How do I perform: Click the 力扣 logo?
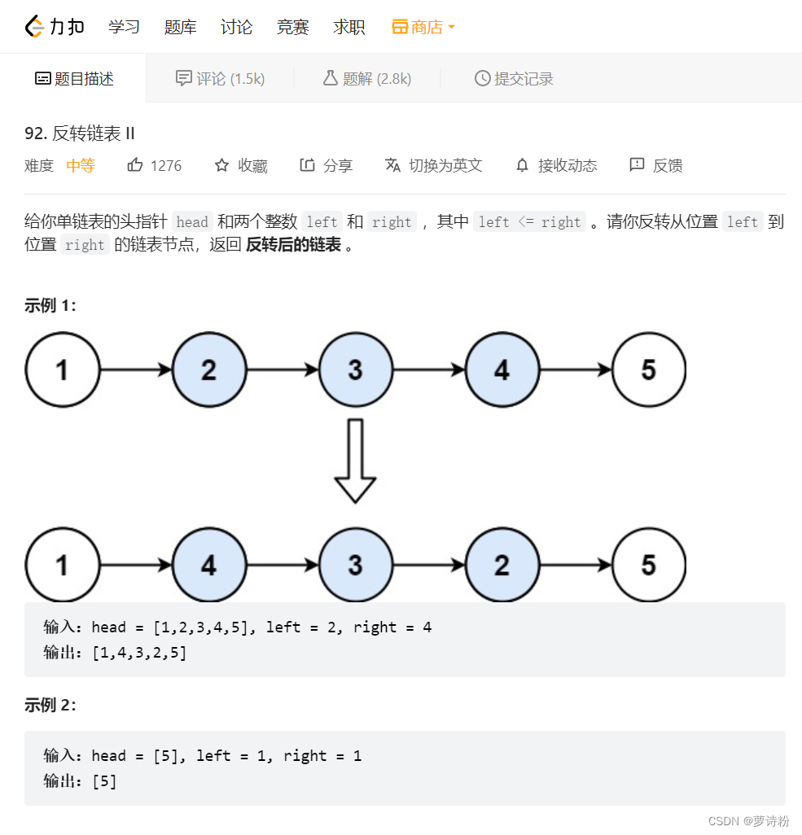(x=55, y=27)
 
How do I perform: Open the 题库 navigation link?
(x=180, y=27)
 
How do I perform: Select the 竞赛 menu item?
(x=292, y=27)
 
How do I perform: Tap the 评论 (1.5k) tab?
(x=221, y=78)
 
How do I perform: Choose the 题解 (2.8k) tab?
(x=367, y=78)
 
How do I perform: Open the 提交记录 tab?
(x=514, y=78)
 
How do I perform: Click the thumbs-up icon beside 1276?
(x=135, y=165)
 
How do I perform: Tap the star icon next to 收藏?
(x=221, y=165)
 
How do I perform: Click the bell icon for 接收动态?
(x=523, y=165)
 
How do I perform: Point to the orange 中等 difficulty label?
(x=81, y=165)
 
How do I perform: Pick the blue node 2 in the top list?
(x=208, y=369)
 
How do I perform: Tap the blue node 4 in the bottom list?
(x=208, y=565)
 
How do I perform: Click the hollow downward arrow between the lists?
(x=355, y=461)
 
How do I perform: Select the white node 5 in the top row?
(x=648, y=369)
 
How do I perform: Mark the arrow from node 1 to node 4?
(x=136, y=565)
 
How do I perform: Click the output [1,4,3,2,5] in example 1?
(x=139, y=652)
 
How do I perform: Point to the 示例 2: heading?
(x=50, y=705)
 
